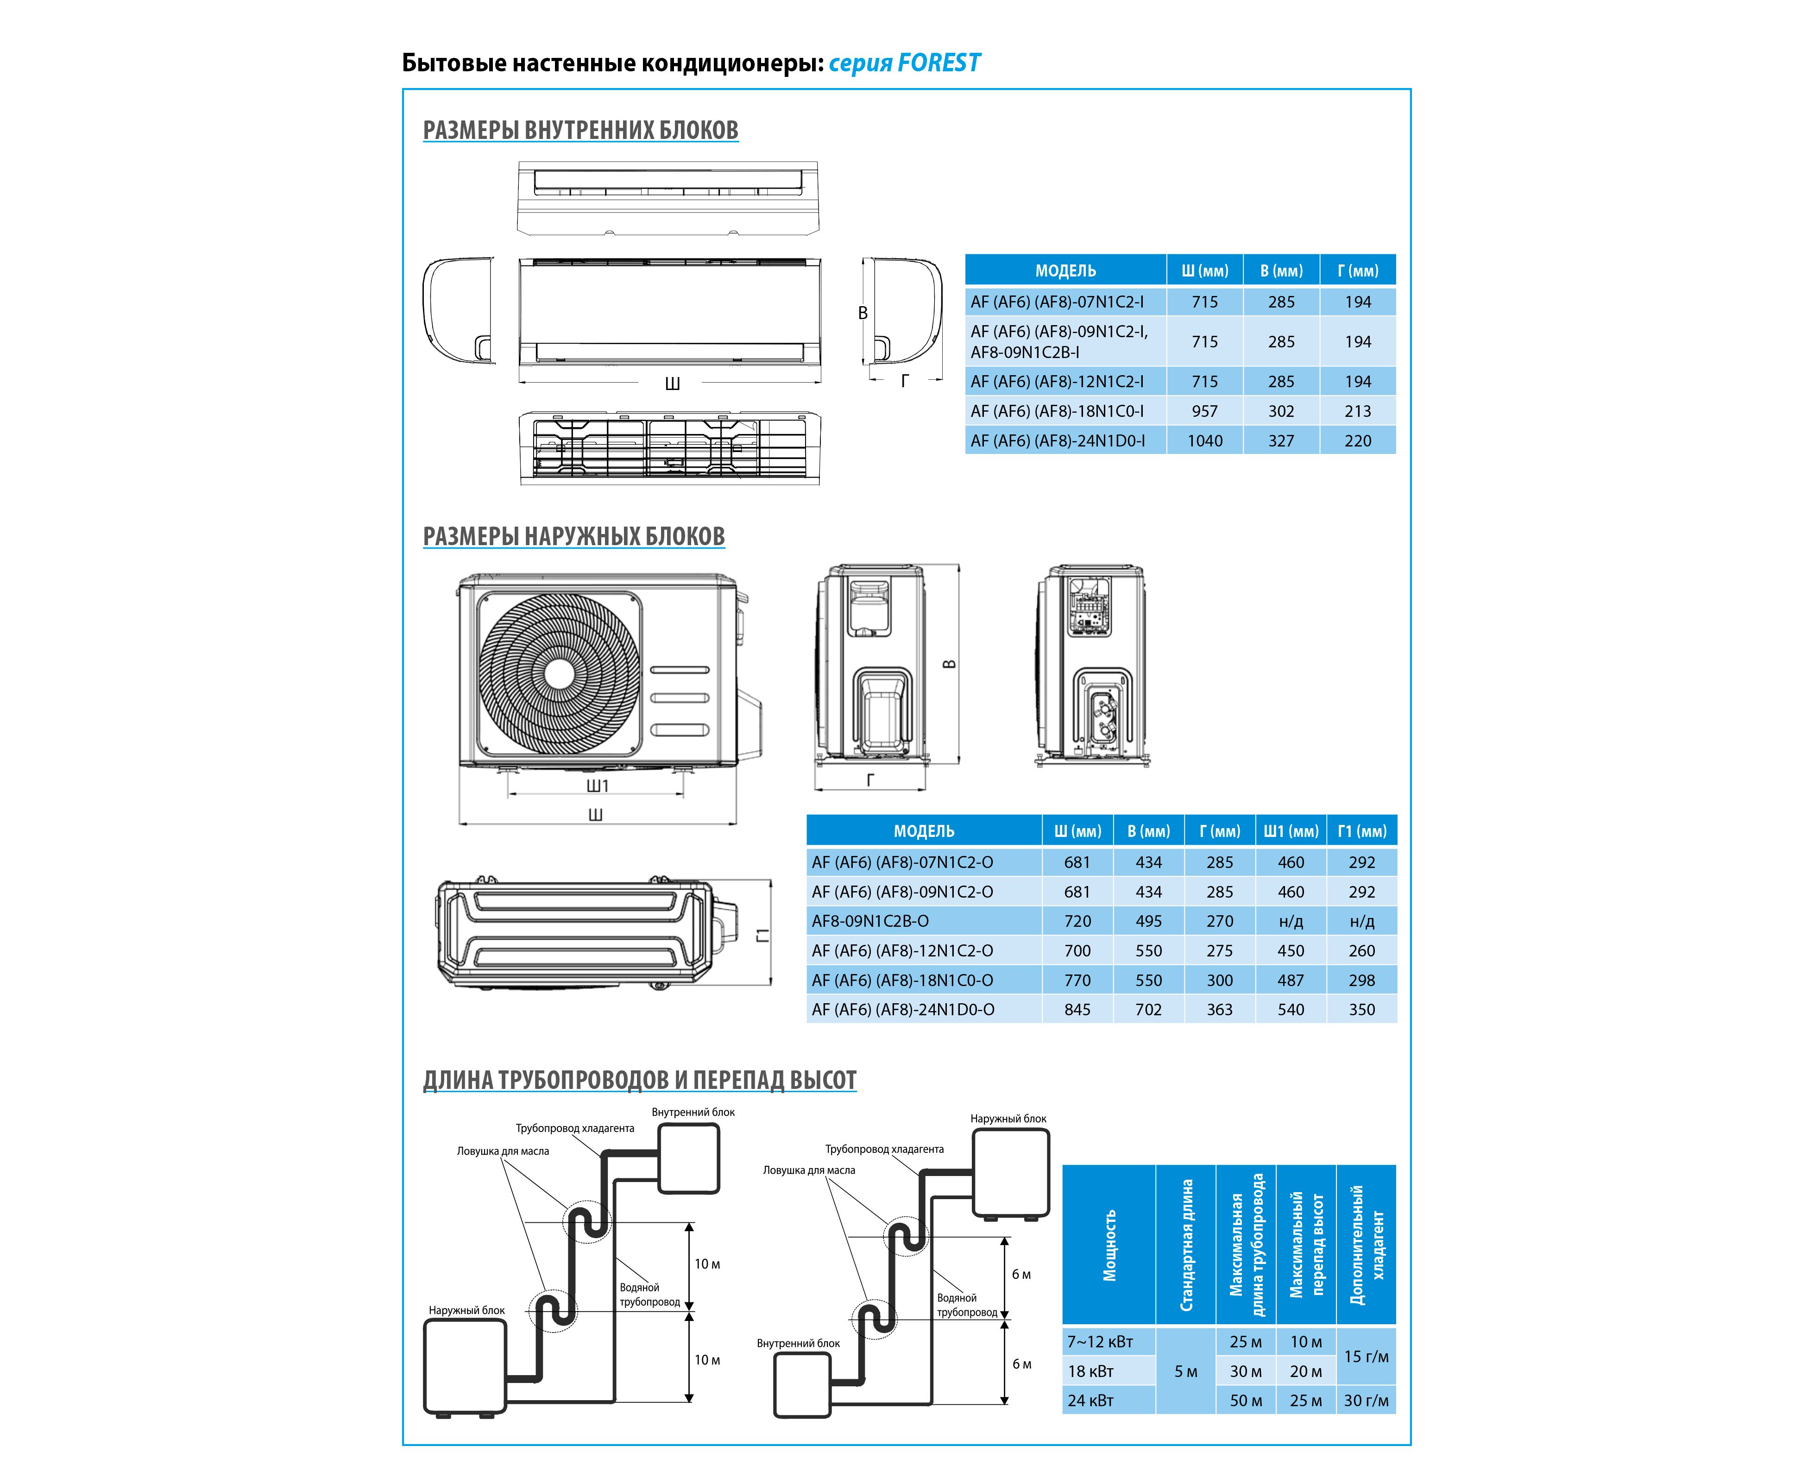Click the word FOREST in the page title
pos(938,63)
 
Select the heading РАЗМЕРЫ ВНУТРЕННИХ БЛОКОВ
pos(580,130)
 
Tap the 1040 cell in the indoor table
pos(1204,441)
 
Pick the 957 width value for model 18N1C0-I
pos(1204,411)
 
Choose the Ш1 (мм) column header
pos(1290,831)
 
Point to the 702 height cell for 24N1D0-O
pos(1148,1010)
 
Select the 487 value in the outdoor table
pos(1290,981)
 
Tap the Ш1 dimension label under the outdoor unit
pos(597,786)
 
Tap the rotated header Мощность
pos(1109,1245)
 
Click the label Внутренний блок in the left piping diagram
pos(693,1112)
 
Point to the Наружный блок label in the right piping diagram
pos(1008,1118)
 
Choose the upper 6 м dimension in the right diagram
pos(1020,1275)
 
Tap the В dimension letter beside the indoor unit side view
pos(863,314)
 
